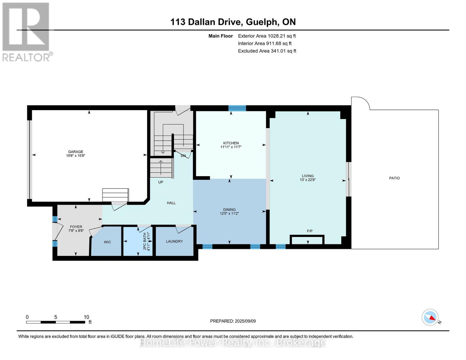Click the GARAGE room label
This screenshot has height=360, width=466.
(x=75, y=152)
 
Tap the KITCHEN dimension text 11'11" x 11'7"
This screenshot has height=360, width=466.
(x=231, y=147)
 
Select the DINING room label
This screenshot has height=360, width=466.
(x=229, y=210)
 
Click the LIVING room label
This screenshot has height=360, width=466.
(x=308, y=176)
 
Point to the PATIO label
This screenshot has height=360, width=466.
(x=394, y=178)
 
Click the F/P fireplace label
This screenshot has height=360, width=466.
(x=310, y=231)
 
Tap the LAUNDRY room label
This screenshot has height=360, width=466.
(x=174, y=241)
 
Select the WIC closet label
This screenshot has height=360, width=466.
(x=107, y=242)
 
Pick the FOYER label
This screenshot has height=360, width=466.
(x=76, y=227)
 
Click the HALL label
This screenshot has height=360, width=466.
(x=171, y=203)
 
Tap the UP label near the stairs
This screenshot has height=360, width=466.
(x=161, y=182)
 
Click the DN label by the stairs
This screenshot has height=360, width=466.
(x=183, y=156)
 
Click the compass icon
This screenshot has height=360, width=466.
(x=430, y=317)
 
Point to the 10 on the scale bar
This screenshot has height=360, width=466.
(x=86, y=317)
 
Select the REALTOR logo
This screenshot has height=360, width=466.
(x=26, y=31)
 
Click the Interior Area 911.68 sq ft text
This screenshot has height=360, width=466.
(x=265, y=43)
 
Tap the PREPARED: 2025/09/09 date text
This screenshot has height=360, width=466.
(x=233, y=321)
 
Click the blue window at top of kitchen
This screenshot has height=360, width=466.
(x=237, y=108)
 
